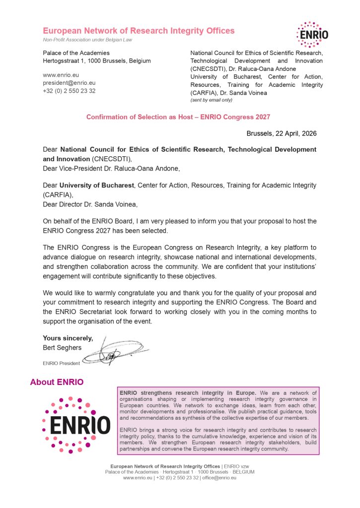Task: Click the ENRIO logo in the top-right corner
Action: (x=312, y=34)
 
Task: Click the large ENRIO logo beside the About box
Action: (x=76, y=425)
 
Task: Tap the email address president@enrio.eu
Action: (x=69, y=83)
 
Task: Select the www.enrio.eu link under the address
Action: (x=58, y=75)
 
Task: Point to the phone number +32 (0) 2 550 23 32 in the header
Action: (x=69, y=91)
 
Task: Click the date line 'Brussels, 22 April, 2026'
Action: (x=282, y=133)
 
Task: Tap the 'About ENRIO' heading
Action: (x=57, y=382)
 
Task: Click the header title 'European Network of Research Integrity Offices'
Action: (x=139, y=31)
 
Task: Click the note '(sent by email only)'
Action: (x=211, y=100)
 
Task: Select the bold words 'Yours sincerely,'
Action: (x=68, y=338)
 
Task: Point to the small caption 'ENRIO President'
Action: (x=61, y=363)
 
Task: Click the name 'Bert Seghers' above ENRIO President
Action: (x=62, y=347)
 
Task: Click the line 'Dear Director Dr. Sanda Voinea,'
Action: (x=90, y=204)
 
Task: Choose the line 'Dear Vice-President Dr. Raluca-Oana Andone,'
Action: (x=111, y=168)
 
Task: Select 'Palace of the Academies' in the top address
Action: (x=76, y=53)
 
